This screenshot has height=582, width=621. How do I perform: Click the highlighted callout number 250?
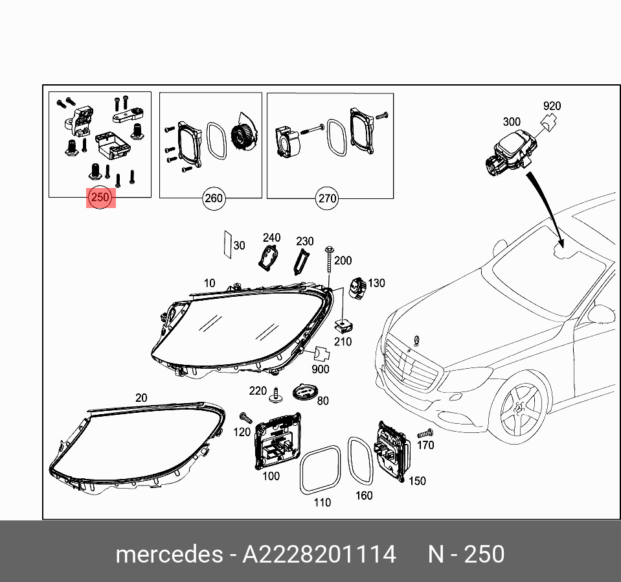(x=101, y=198)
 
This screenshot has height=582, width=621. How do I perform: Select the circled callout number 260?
(x=214, y=198)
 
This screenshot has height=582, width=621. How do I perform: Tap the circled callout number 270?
(x=327, y=198)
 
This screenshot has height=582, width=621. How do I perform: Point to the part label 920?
(x=552, y=106)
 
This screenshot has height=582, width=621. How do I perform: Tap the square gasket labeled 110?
(x=320, y=469)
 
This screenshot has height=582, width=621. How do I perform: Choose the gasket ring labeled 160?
(x=359, y=460)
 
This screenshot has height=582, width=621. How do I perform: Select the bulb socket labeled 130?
(x=358, y=286)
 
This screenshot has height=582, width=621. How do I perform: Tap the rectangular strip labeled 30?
(x=227, y=243)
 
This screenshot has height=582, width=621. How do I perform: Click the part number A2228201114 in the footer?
(x=319, y=555)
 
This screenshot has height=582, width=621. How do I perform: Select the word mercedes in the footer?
(x=168, y=555)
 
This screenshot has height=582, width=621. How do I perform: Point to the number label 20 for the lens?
(x=141, y=397)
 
